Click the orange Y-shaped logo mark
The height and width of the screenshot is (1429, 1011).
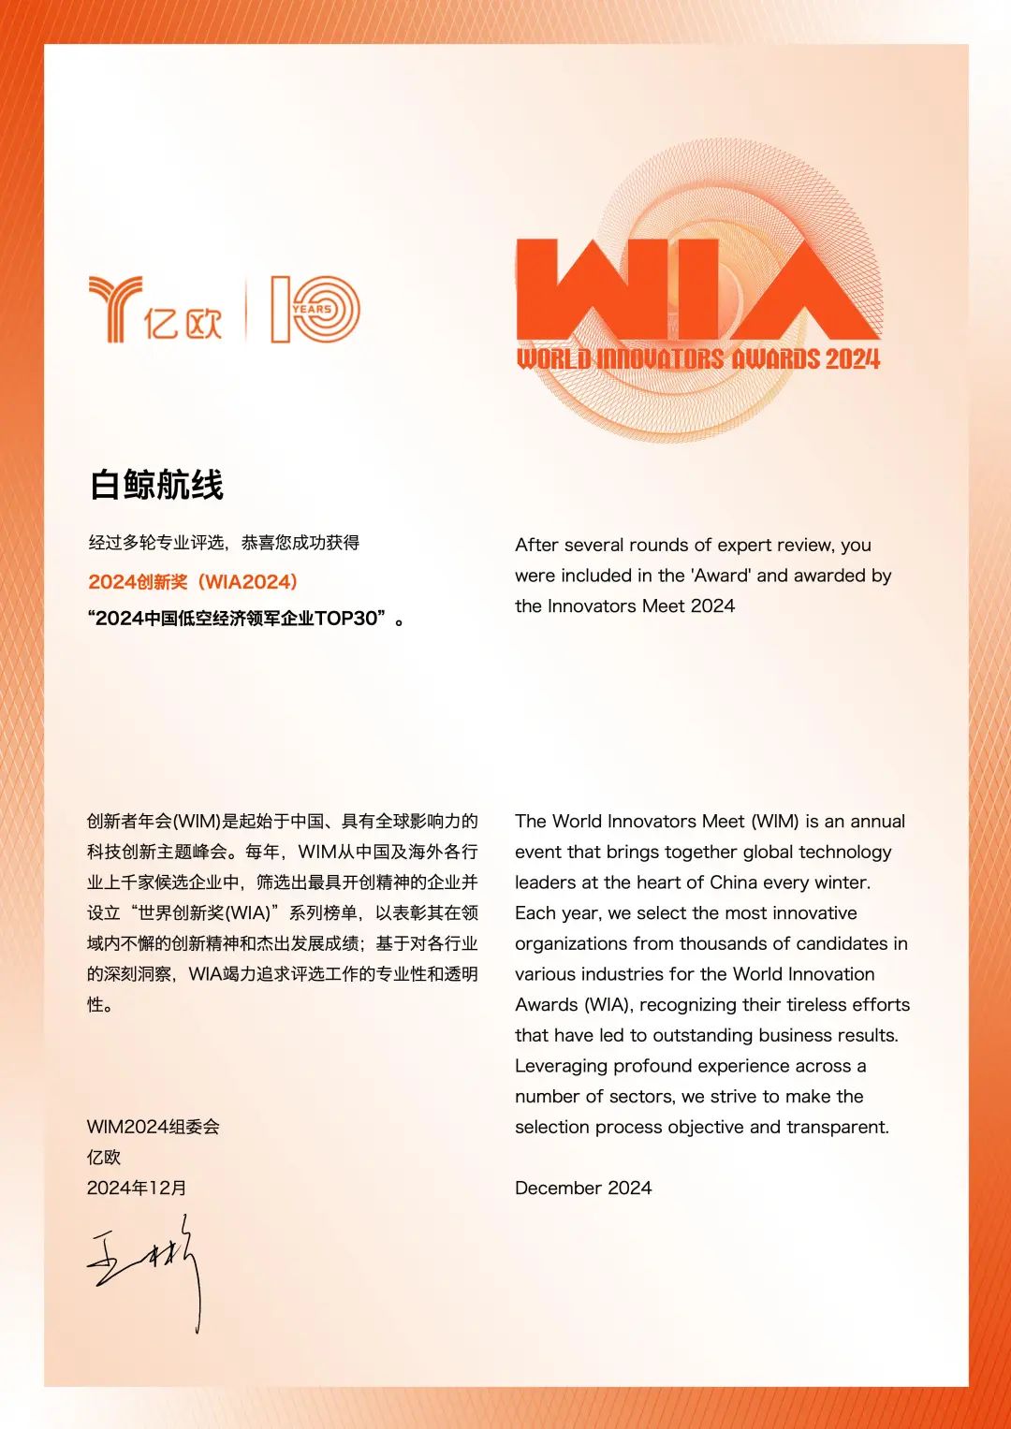point(115,308)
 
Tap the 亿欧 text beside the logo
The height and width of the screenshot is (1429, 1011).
point(183,324)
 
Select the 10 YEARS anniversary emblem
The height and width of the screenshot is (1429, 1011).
point(315,309)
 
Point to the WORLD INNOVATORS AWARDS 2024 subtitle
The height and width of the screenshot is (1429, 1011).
point(698,358)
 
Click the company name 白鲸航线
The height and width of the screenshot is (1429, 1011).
point(156,485)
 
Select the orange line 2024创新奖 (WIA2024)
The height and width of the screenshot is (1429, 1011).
point(193,581)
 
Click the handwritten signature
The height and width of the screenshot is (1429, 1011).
point(145,1268)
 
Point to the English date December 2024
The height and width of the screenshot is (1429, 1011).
point(583,1188)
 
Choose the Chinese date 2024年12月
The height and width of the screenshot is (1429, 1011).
point(137,1188)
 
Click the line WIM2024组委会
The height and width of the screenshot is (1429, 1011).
point(154,1127)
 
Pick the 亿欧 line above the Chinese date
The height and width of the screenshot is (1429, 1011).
point(104,1158)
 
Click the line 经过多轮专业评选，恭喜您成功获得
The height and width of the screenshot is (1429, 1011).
point(224,543)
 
